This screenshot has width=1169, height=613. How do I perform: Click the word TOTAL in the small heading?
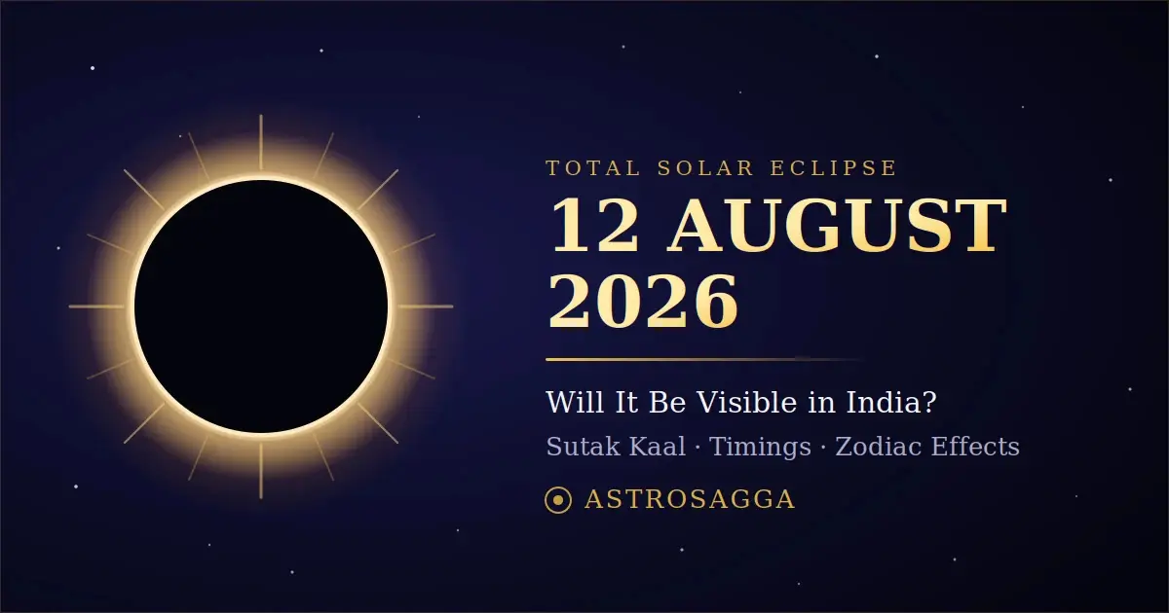pos(593,167)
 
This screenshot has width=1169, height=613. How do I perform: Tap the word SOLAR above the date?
pos(705,167)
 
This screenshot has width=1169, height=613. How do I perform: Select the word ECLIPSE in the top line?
pos(834,167)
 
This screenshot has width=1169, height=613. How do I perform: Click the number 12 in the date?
pos(595,226)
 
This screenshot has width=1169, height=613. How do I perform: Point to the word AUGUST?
pos(837,226)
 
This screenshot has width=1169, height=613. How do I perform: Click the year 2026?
pos(643,302)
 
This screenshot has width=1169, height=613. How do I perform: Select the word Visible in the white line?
pos(748,402)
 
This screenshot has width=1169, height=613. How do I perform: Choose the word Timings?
pos(760,448)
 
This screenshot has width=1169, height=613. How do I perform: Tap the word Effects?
pos(975,447)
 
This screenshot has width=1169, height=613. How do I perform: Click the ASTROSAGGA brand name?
pos(690,499)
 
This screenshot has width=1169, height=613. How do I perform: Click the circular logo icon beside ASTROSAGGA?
pos(558,500)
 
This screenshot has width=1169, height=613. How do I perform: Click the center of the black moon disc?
pos(261,306)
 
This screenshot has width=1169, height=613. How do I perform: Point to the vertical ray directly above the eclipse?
pos(261,142)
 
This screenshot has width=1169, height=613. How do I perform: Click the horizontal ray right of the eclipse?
pos(426,306)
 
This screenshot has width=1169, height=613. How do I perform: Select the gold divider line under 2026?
pos(704,359)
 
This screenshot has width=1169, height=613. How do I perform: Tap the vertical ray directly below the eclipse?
pos(261,471)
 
